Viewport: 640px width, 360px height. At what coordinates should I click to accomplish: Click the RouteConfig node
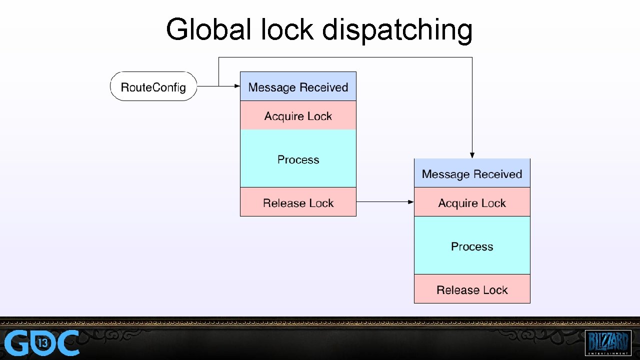pyautogui.click(x=153, y=86)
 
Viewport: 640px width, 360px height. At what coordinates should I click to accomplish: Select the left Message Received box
pyautogui.click(x=298, y=86)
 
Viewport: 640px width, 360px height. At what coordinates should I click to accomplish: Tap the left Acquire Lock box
pyautogui.click(x=298, y=115)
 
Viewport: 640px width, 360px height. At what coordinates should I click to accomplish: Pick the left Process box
pyautogui.click(x=298, y=159)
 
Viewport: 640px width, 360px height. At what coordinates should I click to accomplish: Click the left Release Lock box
pyautogui.click(x=298, y=202)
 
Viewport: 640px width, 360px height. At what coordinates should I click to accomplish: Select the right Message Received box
pyautogui.click(x=471, y=173)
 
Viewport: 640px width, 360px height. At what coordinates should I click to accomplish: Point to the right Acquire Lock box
pyautogui.click(x=471, y=202)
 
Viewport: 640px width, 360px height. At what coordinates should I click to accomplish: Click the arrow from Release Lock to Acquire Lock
pyautogui.click(x=385, y=202)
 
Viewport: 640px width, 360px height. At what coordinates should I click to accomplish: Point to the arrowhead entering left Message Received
pyautogui.click(x=237, y=86)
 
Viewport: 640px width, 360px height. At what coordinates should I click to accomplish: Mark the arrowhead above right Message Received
pyautogui.click(x=472, y=155)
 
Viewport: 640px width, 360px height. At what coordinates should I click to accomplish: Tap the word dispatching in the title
pyautogui.click(x=397, y=30)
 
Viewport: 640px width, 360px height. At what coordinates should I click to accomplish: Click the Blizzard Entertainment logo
pyautogui.click(x=607, y=342)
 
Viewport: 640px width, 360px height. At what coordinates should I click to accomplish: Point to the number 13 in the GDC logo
pyautogui.click(x=43, y=343)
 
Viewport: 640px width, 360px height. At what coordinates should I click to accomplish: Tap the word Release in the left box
pyautogui.click(x=280, y=202)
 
